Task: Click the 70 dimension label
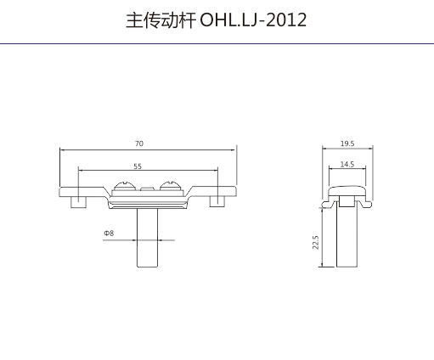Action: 139,143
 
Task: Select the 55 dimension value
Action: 138,166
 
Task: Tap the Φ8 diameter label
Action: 109,233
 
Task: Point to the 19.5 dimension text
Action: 347,143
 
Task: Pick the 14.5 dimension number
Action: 347,165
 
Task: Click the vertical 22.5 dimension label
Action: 316,242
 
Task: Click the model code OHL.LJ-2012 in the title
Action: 253,20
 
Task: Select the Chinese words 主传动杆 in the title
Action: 161,20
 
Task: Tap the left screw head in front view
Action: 124,186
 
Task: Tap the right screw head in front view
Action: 170,186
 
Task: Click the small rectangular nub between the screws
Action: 147,188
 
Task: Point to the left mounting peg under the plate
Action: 78,202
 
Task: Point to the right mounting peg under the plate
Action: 217,201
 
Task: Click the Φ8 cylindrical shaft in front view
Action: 147,238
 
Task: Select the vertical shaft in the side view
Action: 347,237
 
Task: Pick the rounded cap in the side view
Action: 347,191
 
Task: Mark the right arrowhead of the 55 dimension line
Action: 216,171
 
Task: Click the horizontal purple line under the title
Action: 217,44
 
